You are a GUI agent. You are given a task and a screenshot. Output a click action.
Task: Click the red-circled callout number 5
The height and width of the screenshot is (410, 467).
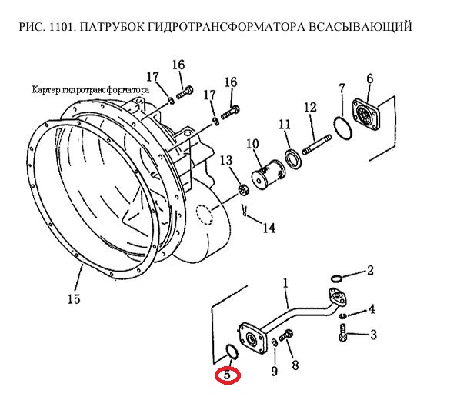227,375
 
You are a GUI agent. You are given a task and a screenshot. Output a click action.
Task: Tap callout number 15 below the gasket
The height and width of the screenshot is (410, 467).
74,298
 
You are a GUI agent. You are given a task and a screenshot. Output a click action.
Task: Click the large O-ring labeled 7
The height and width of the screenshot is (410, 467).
342,128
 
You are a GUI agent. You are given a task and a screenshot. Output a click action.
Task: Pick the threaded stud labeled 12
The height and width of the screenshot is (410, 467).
317,145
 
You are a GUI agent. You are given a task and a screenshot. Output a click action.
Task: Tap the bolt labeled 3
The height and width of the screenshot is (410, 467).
343,332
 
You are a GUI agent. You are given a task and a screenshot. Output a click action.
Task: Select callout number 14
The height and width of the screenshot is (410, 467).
269,228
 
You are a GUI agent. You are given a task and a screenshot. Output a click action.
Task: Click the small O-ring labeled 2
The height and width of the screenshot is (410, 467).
336,278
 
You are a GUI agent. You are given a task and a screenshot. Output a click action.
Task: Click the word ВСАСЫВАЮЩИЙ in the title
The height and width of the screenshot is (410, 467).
360,26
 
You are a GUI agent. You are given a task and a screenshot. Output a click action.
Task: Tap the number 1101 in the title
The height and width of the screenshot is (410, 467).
62,26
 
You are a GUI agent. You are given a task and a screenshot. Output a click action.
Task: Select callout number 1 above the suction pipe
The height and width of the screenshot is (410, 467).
285,283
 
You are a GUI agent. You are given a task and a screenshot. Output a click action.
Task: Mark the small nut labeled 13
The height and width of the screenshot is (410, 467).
244,191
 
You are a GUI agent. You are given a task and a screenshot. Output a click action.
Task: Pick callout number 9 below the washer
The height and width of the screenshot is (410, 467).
274,371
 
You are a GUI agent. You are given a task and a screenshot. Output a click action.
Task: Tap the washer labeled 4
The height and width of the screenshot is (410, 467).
343,315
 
